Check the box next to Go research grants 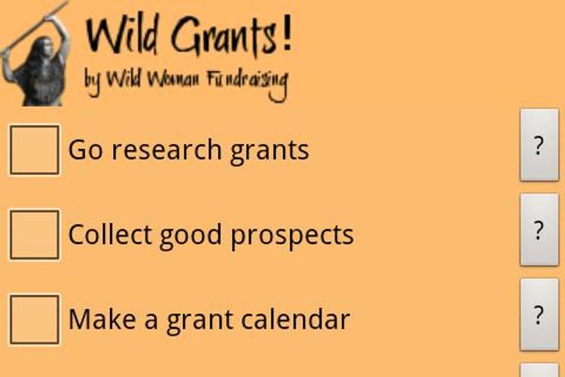point(34,150)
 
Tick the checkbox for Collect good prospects point(34,234)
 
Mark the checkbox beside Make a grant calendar point(34,319)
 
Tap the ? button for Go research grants point(539,145)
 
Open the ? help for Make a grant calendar point(539,314)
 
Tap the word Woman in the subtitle point(173,79)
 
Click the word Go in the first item point(84,150)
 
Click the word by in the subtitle point(92,81)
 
